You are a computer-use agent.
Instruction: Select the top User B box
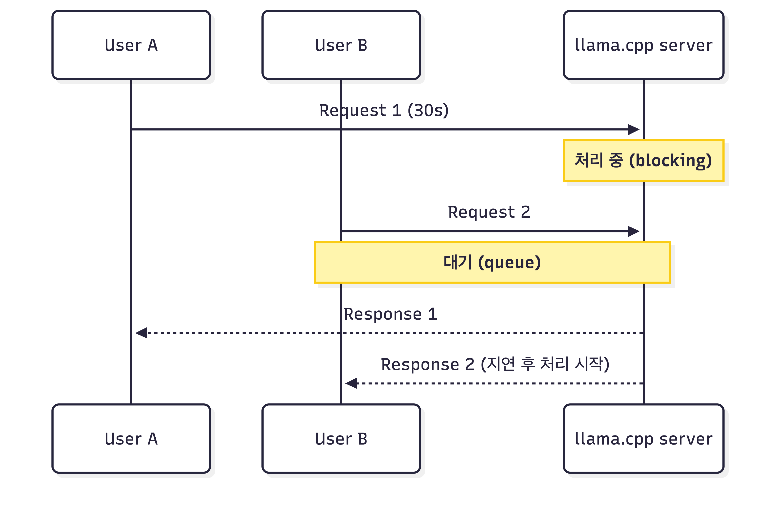341,45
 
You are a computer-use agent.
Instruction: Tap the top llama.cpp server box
643,45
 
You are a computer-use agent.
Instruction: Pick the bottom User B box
341,439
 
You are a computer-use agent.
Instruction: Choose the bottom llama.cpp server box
643,439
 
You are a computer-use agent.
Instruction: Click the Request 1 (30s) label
384,111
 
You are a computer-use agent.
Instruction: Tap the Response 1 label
390,314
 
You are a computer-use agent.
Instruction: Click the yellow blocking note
643,160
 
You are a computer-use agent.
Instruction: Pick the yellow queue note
492,262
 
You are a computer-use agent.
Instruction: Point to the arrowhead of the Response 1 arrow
136,333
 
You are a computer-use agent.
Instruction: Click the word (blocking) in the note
670,161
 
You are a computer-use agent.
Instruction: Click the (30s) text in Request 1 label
428,111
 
